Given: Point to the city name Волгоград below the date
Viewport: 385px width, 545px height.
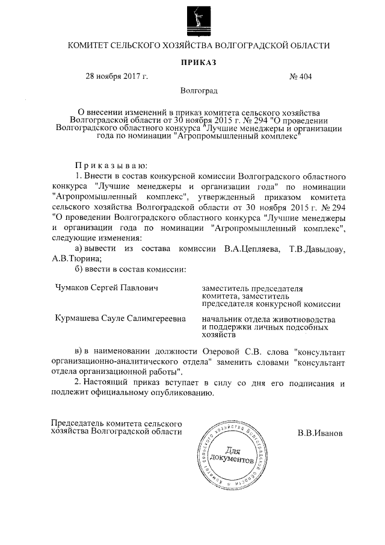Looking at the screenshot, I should pyautogui.click(x=199, y=91).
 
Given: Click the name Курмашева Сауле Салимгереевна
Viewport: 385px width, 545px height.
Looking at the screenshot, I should pyautogui.click(x=120, y=317).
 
